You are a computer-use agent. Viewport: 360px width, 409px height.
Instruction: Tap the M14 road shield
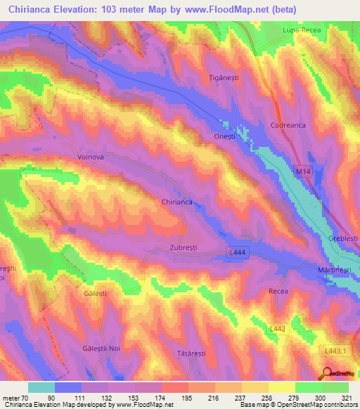[303, 170]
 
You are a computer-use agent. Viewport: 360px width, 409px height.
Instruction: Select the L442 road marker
[279, 328]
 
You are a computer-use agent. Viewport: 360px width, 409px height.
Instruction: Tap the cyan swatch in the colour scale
[41, 387]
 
